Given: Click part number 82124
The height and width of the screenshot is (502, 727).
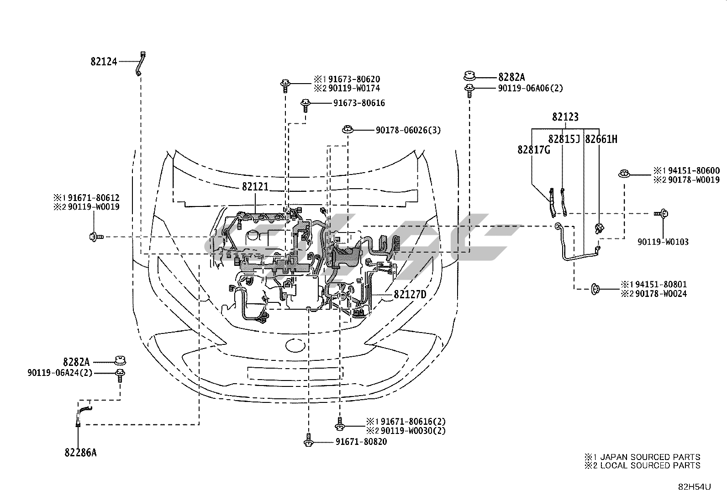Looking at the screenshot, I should (104, 62).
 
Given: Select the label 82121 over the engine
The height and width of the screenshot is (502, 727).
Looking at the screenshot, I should (255, 187).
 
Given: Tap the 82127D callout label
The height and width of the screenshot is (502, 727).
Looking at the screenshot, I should (410, 295).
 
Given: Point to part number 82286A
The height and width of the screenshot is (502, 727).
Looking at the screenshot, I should (80, 453).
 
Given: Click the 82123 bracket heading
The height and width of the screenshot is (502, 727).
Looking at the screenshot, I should (565, 117).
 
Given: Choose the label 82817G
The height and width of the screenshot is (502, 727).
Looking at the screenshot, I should (533, 149).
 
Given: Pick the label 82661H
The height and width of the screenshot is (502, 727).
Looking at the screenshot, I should (601, 139).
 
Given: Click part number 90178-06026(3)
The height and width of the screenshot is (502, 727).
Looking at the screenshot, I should (408, 131).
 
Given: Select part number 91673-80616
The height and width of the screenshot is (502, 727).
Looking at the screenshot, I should (358, 103).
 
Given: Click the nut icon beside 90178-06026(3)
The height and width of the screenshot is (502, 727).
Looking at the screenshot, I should (348, 130).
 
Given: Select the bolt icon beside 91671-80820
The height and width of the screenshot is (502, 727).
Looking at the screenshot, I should (309, 441).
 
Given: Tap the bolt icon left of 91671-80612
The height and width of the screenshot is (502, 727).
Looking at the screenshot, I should (95, 237).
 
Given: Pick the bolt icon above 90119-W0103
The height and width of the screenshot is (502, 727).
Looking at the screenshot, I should (662, 213).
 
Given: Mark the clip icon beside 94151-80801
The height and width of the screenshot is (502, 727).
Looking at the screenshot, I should (595, 288).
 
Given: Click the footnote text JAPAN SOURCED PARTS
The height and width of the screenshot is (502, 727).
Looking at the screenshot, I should (649, 457).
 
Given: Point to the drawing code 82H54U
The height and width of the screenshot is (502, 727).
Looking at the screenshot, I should (694, 487).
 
